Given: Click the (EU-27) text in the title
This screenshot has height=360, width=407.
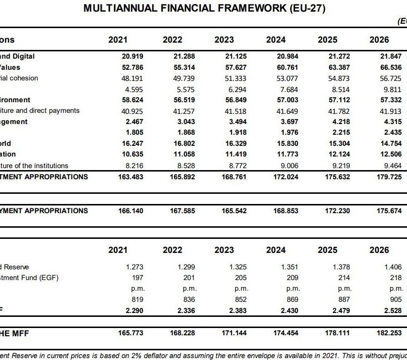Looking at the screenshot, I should coord(306,8).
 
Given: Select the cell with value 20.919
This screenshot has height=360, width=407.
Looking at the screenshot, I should coord(132,56).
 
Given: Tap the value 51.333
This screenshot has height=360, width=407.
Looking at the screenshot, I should coord(236,78).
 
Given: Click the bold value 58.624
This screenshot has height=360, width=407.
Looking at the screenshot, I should coord(132,100).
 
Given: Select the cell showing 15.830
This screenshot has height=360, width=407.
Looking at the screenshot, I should coord(287,143).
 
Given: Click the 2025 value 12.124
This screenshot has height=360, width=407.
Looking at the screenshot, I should coord(339,154).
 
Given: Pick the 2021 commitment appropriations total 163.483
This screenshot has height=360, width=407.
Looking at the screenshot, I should coord(130,176).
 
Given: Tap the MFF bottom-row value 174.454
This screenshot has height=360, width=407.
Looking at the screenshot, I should coord(286,333).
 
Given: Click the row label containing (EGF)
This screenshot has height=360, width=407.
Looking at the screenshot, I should coord(30,278).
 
